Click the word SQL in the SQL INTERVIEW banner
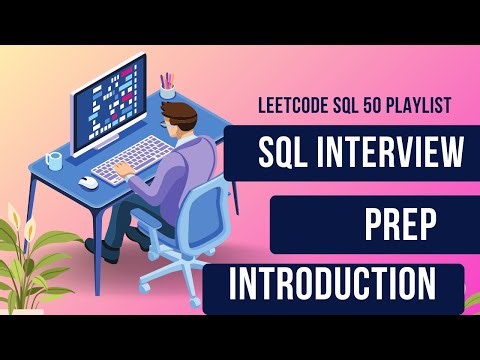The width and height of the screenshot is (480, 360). click(287, 153)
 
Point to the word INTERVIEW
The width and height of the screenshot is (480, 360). click(394, 153)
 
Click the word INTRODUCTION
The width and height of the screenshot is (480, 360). click(333, 284)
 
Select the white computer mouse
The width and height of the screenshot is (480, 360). click(90, 183)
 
